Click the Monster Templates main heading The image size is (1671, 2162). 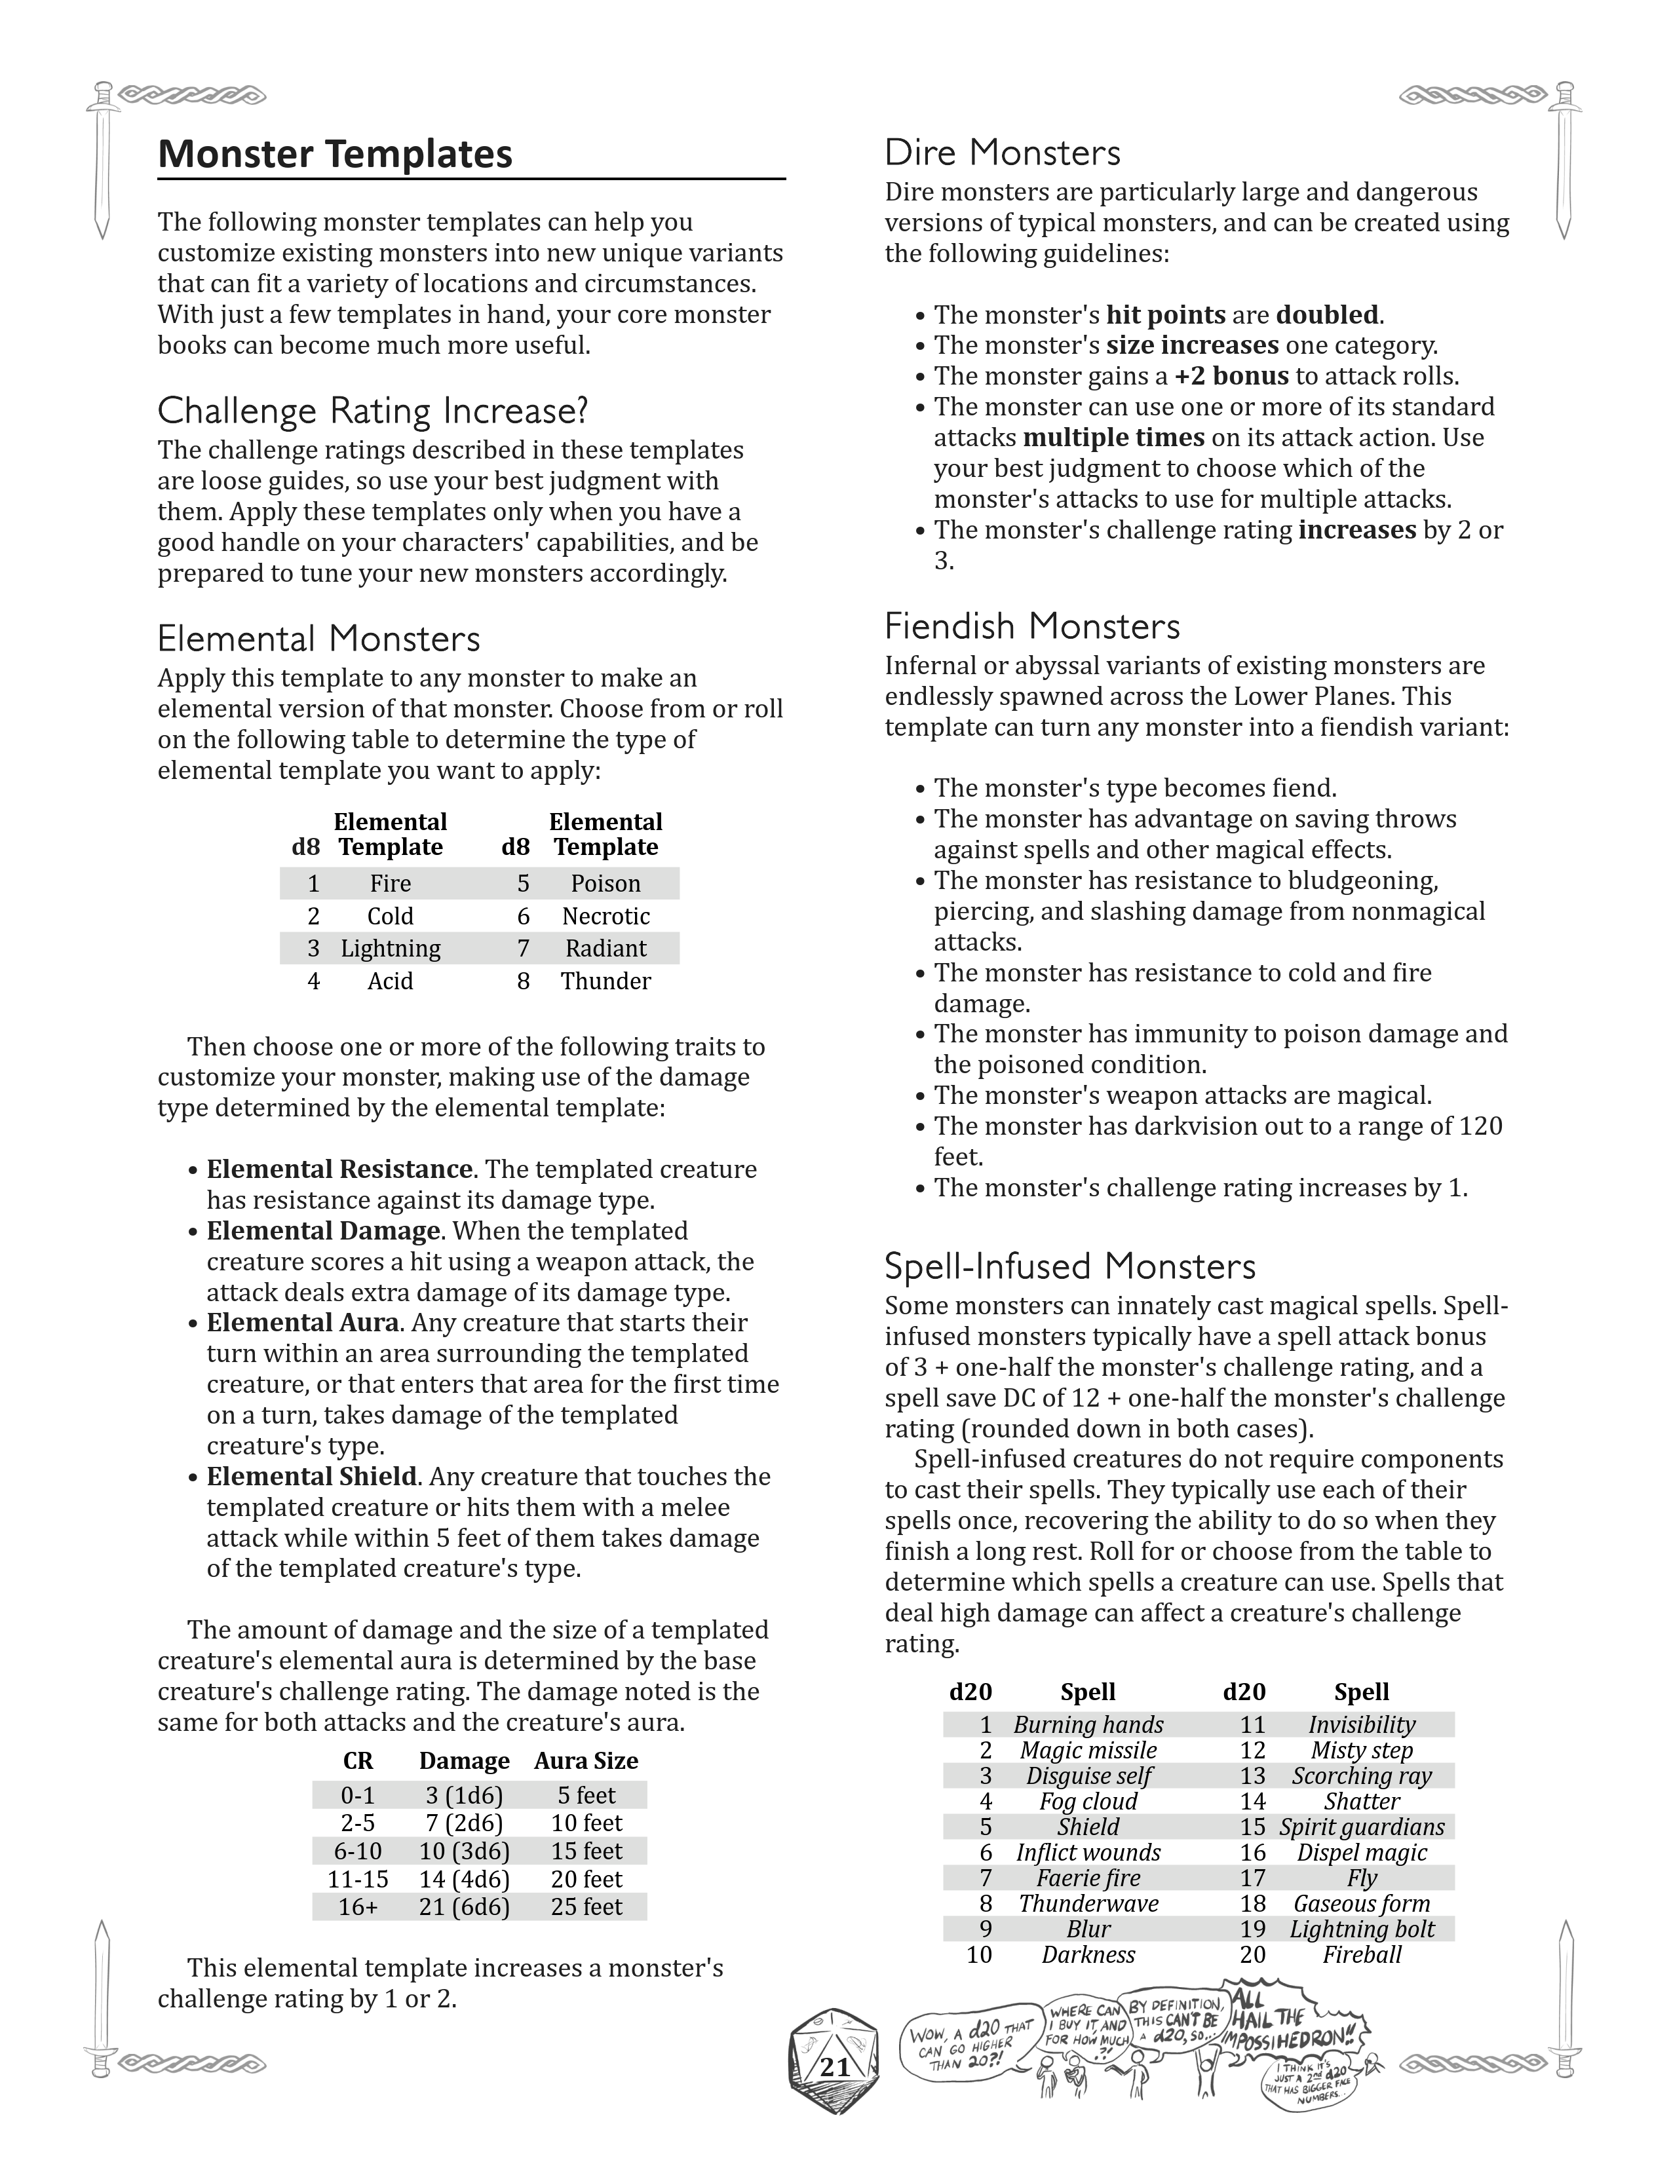(335, 155)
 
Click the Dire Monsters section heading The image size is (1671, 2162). (1002, 153)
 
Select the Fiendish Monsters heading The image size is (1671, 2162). (1031, 626)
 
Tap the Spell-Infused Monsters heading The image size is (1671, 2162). (1069, 1266)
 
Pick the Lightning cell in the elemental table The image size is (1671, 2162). (390, 949)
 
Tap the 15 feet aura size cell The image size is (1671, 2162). (586, 1851)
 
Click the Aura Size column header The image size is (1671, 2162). (586, 1761)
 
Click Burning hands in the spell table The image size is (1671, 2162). (1088, 1724)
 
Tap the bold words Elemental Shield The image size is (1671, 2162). (311, 1477)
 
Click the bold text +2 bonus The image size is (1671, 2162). (1231, 376)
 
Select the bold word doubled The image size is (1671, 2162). (1326, 314)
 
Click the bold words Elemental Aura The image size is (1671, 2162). (302, 1323)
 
